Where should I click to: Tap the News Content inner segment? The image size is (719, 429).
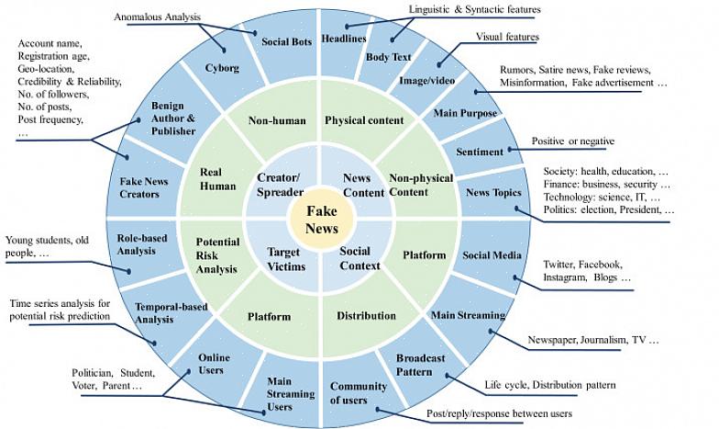pos(359,185)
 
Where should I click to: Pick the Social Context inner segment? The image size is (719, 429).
pos(355,257)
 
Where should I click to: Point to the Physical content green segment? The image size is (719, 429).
pos(364,120)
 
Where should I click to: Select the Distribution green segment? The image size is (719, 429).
pos(366,316)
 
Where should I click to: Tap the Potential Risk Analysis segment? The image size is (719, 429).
pos(216,255)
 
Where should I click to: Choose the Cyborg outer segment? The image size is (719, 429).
pos(221,68)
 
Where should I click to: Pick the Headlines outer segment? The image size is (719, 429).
pos(345,40)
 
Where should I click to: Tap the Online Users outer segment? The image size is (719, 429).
pos(214,363)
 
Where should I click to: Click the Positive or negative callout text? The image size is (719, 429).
pos(573,141)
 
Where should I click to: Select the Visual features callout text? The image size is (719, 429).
pos(507,37)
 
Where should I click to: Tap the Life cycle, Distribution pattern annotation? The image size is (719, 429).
pos(549,384)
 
